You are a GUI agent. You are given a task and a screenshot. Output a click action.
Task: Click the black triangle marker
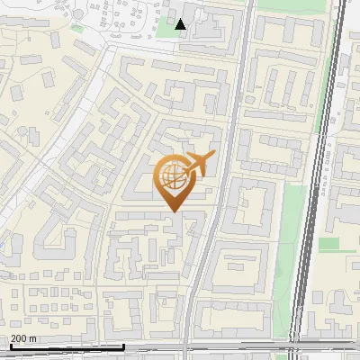click(x=181, y=24)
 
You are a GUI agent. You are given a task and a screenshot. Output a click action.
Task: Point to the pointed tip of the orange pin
click(x=172, y=211)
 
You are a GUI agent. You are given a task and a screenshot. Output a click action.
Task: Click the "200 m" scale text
click(x=23, y=338)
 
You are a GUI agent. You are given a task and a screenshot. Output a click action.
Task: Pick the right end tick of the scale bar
click(x=123, y=345)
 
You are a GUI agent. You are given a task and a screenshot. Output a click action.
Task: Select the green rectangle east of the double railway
click(x=328, y=244)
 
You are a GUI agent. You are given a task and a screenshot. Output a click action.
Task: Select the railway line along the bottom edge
click(x=180, y=351)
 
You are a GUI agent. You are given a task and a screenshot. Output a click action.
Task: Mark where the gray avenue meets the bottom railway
click(x=187, y=349)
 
